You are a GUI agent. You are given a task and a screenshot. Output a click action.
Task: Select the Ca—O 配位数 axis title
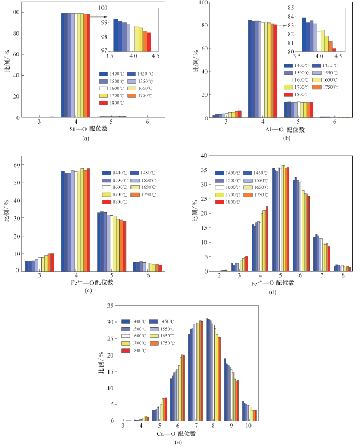176,434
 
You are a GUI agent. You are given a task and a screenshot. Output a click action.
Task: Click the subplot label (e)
177,443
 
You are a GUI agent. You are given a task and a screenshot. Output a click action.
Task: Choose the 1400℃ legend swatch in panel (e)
126,321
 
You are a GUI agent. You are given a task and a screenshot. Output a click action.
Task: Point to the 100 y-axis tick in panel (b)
203,2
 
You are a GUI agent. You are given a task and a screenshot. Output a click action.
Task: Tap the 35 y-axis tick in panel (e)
110,306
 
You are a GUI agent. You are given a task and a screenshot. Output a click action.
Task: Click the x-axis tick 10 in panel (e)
249,426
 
